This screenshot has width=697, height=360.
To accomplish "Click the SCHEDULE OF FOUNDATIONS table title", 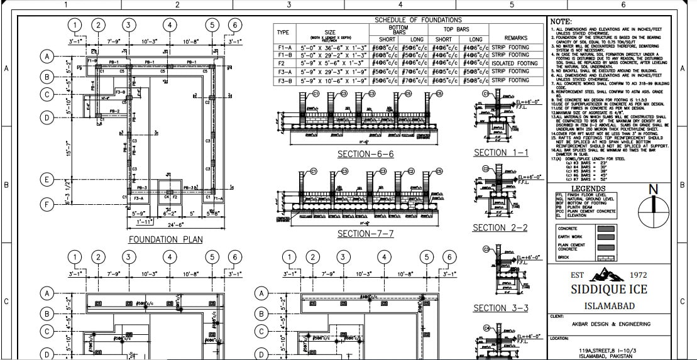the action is (418, 20).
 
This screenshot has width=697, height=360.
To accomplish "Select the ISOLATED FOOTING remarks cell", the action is (515, 63).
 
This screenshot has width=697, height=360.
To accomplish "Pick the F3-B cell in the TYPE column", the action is (283, 80).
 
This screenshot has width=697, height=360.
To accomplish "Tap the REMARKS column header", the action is (515, 38).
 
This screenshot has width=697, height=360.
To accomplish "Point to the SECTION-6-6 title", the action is (365, 155).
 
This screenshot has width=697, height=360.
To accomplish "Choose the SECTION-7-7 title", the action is (365, 234).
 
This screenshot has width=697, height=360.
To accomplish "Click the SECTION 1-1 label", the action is (501, 153).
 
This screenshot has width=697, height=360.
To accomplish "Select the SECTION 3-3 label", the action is (500, 308).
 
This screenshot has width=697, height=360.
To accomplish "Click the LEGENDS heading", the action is (588, 188).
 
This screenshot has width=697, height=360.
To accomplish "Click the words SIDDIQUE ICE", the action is (607, 289).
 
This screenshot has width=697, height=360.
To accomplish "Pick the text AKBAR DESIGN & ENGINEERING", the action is (603, 325).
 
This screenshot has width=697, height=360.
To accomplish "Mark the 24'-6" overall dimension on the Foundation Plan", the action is (158, 224).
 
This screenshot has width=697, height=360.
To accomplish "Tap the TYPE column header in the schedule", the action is (283, 32).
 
